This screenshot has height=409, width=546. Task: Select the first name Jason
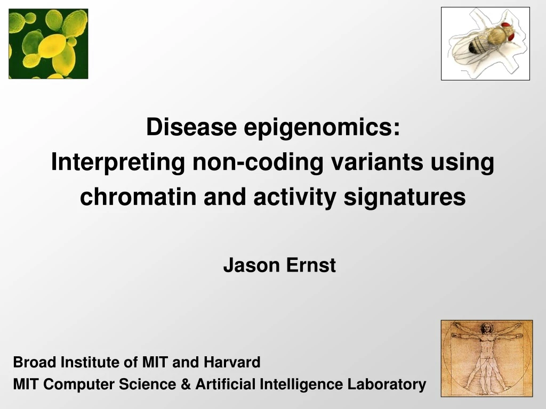pos(251,265)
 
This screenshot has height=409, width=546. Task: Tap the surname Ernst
pos(311,265)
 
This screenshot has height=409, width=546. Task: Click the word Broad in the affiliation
pos(35,363)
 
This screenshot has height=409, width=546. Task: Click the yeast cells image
pos(48,44)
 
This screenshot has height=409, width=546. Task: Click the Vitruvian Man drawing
pos(486,358)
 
